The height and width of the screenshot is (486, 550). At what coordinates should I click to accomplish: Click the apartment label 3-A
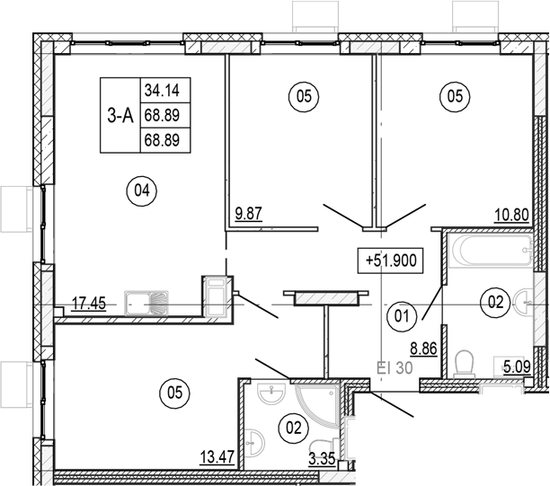click(x=120, y=115)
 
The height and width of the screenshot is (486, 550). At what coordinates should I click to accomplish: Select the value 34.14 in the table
click(x=159, y=90)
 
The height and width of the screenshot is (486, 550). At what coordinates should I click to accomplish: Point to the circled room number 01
click(x=401, y=314)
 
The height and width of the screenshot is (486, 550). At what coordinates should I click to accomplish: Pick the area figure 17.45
click(x=88, y=304)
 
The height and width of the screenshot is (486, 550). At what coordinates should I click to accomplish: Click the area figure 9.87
click(x=249, y=215)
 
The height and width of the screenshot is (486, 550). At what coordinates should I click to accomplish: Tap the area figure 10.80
click(x=509, y=215)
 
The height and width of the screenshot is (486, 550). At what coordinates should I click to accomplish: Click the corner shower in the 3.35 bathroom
click(x=315, y=404)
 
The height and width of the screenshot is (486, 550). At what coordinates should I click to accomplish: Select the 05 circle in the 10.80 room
click(x=453, y=95)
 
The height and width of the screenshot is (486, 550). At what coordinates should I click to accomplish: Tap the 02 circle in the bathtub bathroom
click(x=495, y=301)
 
